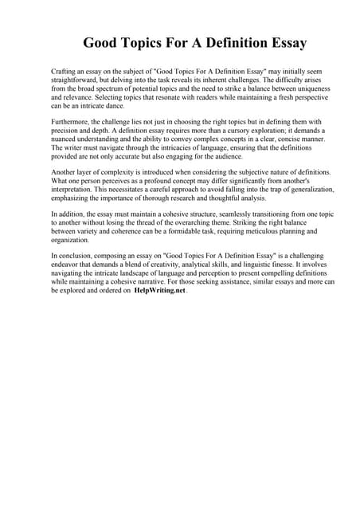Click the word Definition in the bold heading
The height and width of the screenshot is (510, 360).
point(215,43)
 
